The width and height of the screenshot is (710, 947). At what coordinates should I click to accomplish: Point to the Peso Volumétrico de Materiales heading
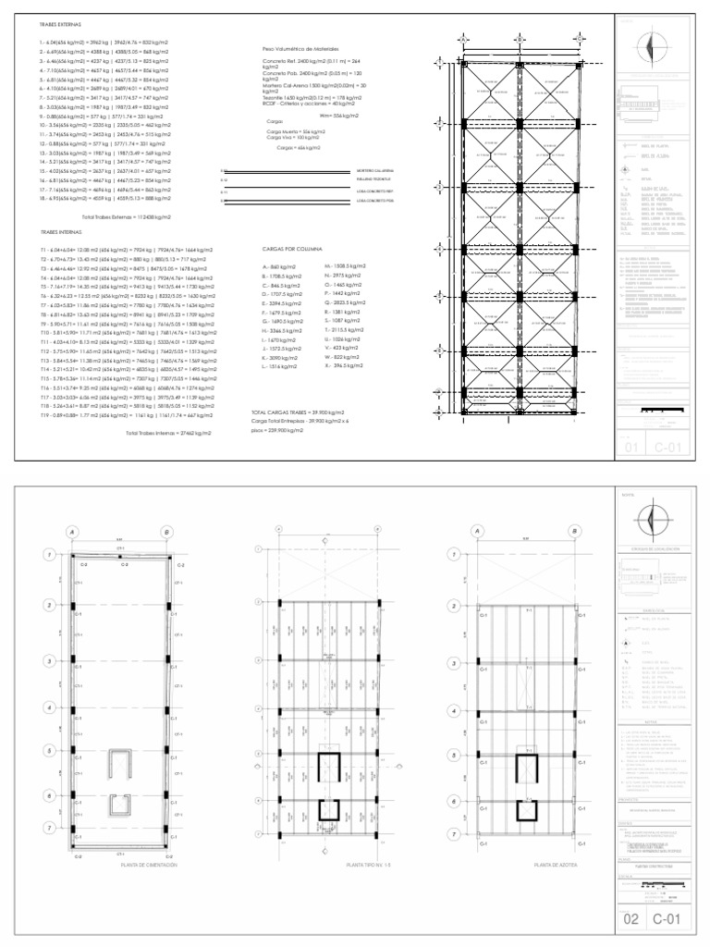pyautogui.click(x=300, y=45)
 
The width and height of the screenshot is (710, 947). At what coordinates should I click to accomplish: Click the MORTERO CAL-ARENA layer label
pyautogui.click(x=375, y=171)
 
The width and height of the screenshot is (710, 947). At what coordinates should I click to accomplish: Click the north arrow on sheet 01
pyautogui.click(x=654, y=44)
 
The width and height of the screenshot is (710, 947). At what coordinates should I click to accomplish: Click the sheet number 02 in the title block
pyautogui.click(x=631, y=921)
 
